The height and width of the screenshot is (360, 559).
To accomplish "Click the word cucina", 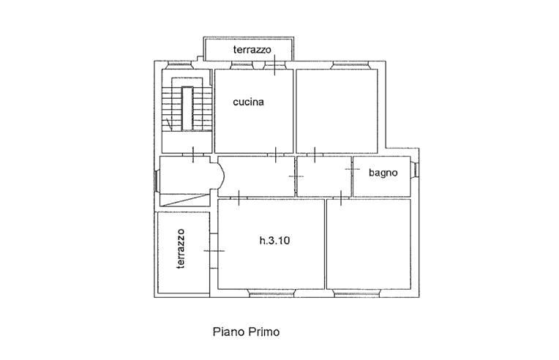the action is click(x=248, y=102).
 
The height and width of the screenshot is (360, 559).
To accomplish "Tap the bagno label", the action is click(x=383, y=173).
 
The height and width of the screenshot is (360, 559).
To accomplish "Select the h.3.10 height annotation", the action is click(x=274, y=241).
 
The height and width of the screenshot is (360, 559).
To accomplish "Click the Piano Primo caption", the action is click(x=246, y=332).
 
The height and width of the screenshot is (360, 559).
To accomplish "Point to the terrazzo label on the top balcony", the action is click(x=252, y=50).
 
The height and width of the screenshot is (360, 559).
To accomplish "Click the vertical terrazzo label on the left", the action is click(x=181, y=249).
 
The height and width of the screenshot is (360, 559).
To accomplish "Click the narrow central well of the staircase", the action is click(x=187, y=108).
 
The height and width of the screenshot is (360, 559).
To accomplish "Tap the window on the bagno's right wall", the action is click(x=415, y=169).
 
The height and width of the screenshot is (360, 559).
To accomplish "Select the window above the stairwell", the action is click(x=179, y=65).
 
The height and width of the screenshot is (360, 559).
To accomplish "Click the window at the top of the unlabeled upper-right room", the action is click(x=350, y=65).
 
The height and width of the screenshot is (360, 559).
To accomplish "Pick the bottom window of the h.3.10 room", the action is click(x=271, y=293).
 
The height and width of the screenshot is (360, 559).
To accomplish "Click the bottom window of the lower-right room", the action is click(x=357, y=293).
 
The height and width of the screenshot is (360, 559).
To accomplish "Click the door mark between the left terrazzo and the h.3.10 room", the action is click(x=214, y=251).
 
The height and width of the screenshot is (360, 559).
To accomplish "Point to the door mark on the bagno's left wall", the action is click(x=352, y=168).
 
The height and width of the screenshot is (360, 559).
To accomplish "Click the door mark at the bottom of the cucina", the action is click(x=276, y=154).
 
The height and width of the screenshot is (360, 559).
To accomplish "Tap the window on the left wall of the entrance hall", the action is click(x=157, y=181).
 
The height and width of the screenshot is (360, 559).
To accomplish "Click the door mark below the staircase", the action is click(x=193, y=154).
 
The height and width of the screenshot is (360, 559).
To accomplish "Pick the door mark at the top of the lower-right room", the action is click(x=341, y=198).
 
